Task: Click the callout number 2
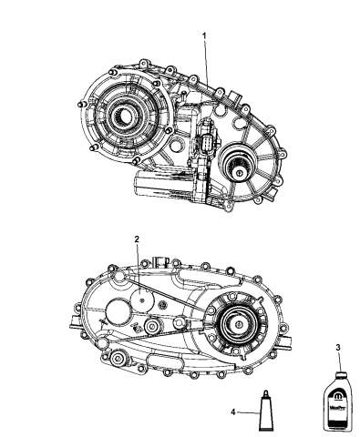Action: click(x=137, y=239)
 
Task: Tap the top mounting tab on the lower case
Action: click(x=165, y=259)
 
